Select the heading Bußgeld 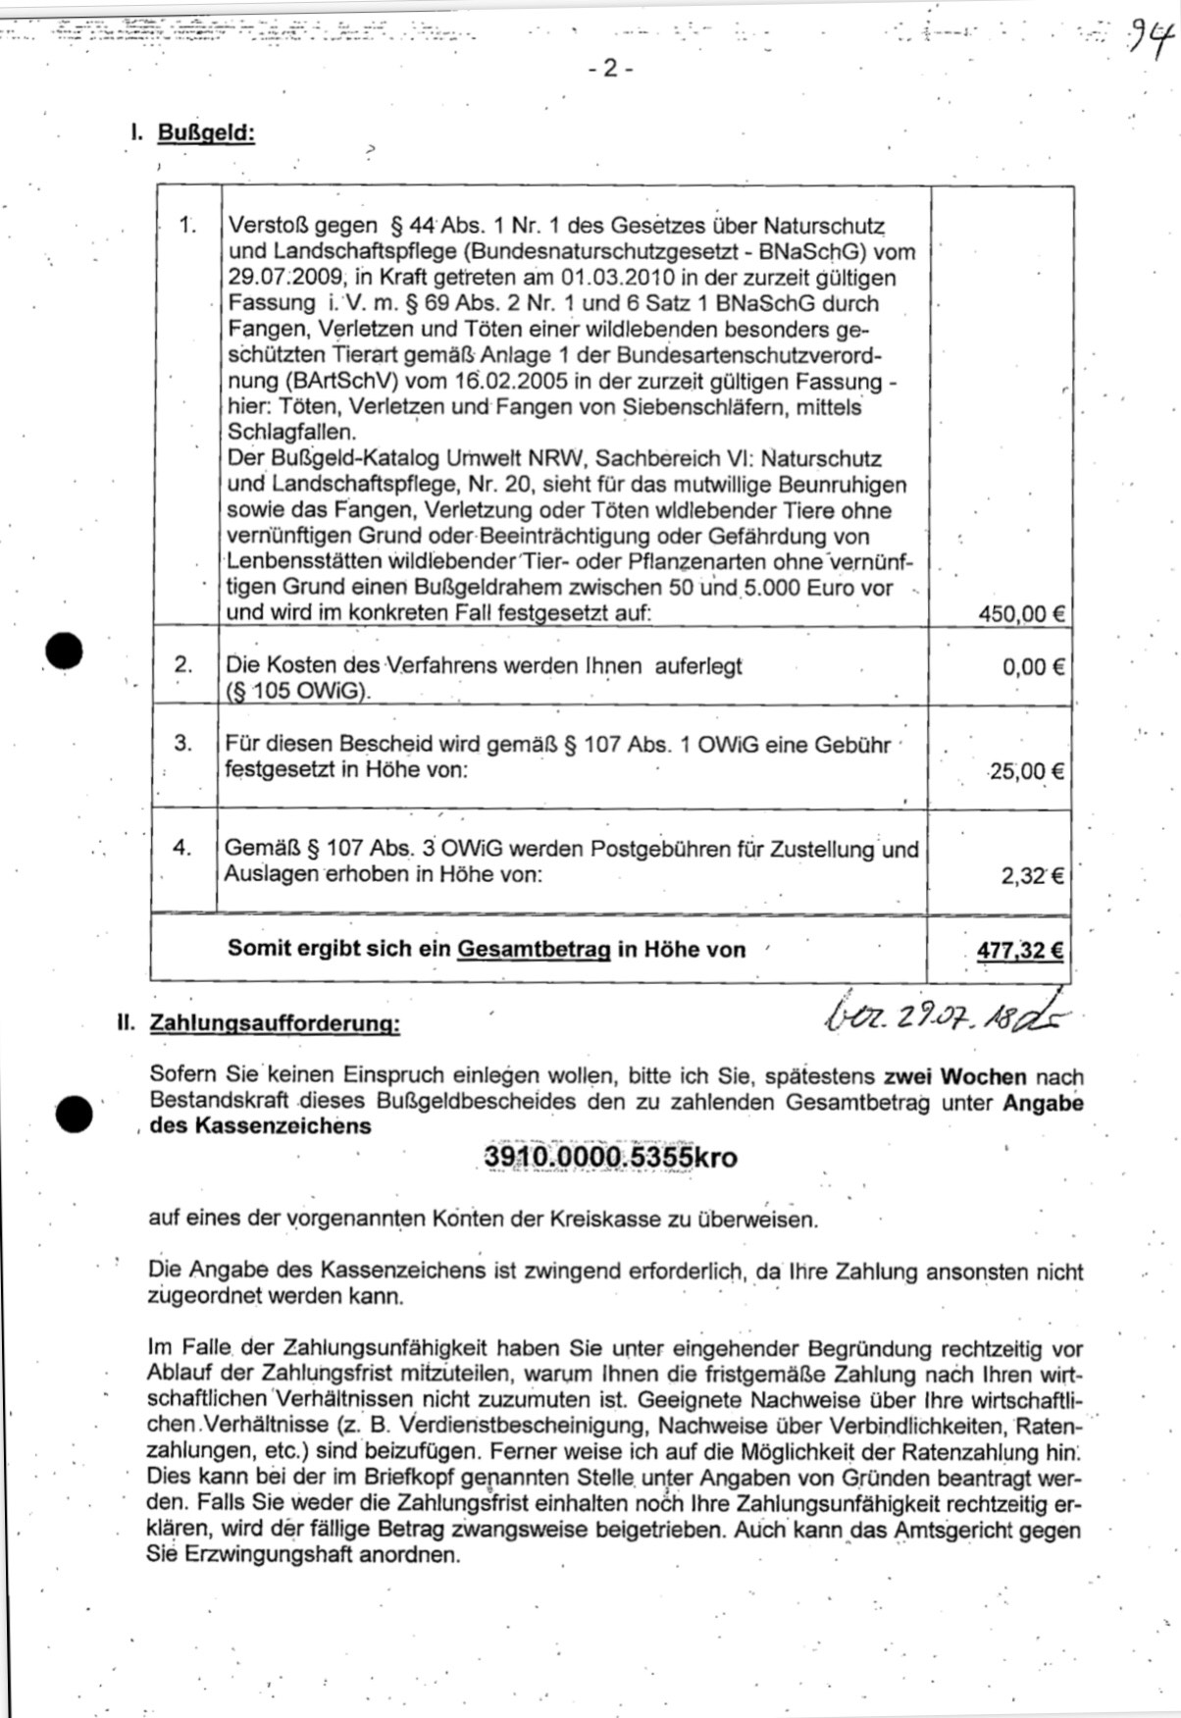(206, 132)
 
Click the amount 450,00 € (1021, 614)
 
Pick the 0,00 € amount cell (1033, 667)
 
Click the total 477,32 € (1020, 950)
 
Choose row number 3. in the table (184, 743)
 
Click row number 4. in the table (183, 847)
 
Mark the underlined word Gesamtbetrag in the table (534, 950)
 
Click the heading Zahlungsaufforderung (274, 1024)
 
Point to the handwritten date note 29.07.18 (942, 1016)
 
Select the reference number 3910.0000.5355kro (610, 1158)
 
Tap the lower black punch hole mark (74, 1113)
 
